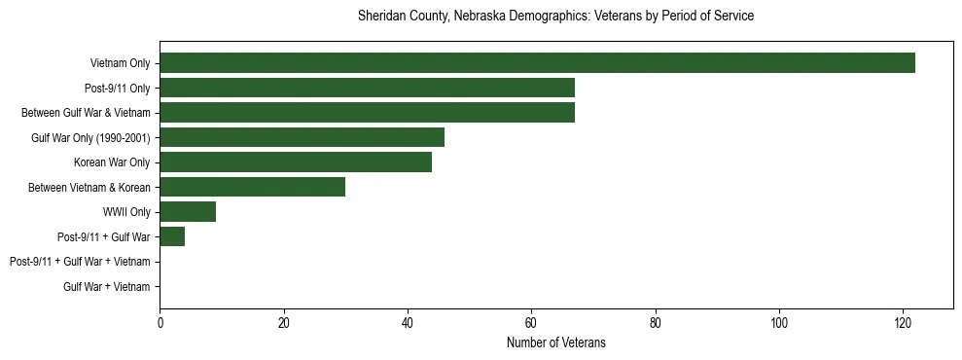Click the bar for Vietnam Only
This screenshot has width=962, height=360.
pos(537,63)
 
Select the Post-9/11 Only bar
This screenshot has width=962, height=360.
pos(367,88)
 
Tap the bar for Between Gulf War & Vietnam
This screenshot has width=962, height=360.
pos(367,113)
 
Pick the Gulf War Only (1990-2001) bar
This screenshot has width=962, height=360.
pos(302,137)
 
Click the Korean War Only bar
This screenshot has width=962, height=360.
pos(296,162)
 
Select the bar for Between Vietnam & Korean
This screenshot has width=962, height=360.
pos(252,187)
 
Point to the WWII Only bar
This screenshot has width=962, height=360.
pos(188,212)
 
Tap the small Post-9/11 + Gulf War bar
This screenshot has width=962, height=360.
pos(172,236)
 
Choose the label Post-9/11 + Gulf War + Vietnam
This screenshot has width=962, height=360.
pos(80,262)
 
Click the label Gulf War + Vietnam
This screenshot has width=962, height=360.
pos(106,287)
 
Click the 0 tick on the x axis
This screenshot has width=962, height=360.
pos(160,324)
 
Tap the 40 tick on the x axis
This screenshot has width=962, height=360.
pos(408,324)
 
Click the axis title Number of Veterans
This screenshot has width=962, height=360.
pos(555,342)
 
